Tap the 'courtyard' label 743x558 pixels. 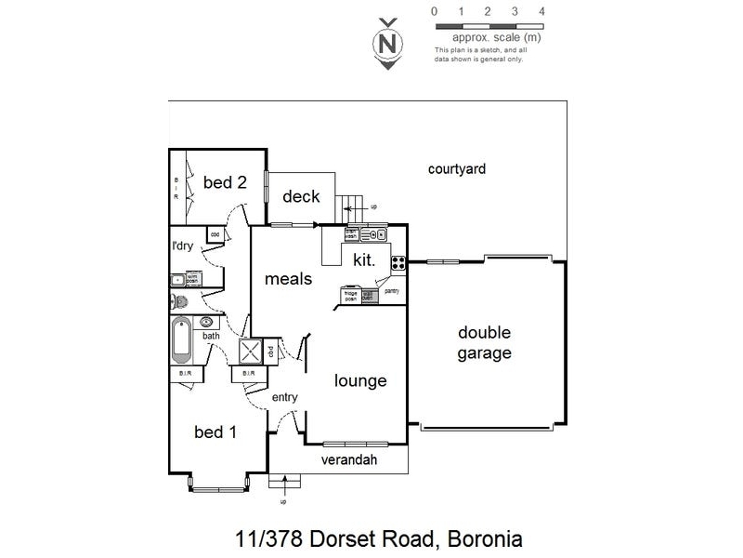click(x=457, y=169)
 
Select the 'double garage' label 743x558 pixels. click(x=484, y=343)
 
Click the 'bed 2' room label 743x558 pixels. click(x=225, y=182)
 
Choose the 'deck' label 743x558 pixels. click(x=301, y=196)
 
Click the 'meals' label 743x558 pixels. click(x=288, y=278)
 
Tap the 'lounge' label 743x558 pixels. click(x=360, y=380)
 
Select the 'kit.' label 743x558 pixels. click(x=364, y=263)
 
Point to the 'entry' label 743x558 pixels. click(x=284, y=398)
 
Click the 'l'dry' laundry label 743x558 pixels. click(x=183, y=246)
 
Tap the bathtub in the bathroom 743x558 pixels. click(x=181, y=341)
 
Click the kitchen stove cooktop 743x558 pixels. click(x=398, y=263)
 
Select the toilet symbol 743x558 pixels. click(x=178, y=301)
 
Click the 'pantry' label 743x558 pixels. click(x=392, y=291)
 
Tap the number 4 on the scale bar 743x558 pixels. click(x=541, y=11)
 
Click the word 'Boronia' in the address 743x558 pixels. click(x=485, y=538)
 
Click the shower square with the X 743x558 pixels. click(x=251, y=352)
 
